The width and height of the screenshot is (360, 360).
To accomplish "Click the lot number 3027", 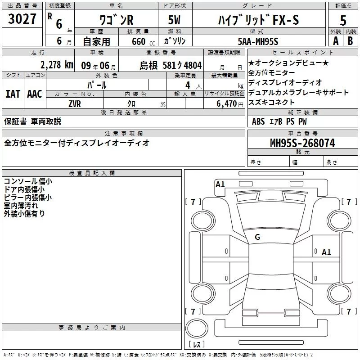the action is click(x=22, y=19).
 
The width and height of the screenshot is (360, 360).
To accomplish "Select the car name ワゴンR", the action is click(x=117, y=20).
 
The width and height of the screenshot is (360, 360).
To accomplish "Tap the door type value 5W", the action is click(x=174, y=20).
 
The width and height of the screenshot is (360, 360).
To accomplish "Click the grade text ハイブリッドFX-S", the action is click(x=258, y=20).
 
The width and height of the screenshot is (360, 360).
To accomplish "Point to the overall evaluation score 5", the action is click(x=343, y=21).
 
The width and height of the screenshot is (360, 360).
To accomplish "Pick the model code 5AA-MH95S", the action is click(x=258, y=41).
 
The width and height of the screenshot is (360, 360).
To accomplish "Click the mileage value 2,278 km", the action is click(x=57, y=65).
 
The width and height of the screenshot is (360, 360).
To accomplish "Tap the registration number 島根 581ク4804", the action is click(x=171, y=66).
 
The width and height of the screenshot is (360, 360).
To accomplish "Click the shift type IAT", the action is click(x=13, y=94).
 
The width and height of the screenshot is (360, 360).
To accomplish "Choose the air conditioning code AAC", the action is click(x=35, y=94).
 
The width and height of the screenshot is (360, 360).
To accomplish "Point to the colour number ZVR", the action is click(x=75, y=104).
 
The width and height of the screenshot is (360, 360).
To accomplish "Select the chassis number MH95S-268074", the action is click(x=302, y=143).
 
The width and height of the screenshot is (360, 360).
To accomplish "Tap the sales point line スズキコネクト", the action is click(x=271, y=103).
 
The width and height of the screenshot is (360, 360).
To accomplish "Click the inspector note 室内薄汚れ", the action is click(x=21, y=206).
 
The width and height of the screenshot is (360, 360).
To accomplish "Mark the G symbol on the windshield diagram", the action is click(x=257, y=237).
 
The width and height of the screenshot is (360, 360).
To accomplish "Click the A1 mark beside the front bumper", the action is click(x=220, y=184).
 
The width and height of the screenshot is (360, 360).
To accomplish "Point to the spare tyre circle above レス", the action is click(x=197, y=328).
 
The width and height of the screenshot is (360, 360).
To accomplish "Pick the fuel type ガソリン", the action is click(x=175, y=41).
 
